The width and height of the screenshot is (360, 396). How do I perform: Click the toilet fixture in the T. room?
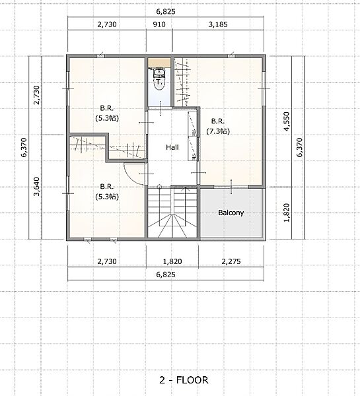coord(159,79)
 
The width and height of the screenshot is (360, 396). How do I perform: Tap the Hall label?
coord(172,147)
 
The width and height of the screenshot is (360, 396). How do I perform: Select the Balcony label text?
coord(231,213)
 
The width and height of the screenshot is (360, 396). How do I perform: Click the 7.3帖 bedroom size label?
coord(218,131)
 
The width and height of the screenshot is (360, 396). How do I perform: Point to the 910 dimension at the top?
coord(159,24)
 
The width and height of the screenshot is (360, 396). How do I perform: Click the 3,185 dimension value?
coord(218,24)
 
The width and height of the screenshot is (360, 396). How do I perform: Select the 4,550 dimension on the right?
coord(287,121)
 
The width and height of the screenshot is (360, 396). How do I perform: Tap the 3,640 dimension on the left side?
coord(36,187)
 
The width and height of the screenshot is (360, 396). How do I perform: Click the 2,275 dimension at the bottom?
coord(231,261)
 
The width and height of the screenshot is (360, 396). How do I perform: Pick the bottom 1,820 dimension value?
coord(172,261)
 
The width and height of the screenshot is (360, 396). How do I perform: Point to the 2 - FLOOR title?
coord(184,380)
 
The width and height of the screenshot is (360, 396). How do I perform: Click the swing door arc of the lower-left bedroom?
coord(131,178)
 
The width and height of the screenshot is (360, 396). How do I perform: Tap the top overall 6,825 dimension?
coord(166,12)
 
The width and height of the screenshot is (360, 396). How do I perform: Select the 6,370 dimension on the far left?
coord(24,147)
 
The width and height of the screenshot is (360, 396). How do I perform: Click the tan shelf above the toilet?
coord(159,63)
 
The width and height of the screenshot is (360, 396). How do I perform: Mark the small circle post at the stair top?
coord(159,187)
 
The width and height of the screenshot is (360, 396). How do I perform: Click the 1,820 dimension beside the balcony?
coord(287,213)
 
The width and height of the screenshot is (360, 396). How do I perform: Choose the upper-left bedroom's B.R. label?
coord(107,108)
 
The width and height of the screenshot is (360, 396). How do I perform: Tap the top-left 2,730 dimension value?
coord(107,24)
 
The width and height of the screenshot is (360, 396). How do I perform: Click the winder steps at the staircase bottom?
coord(172,226)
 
